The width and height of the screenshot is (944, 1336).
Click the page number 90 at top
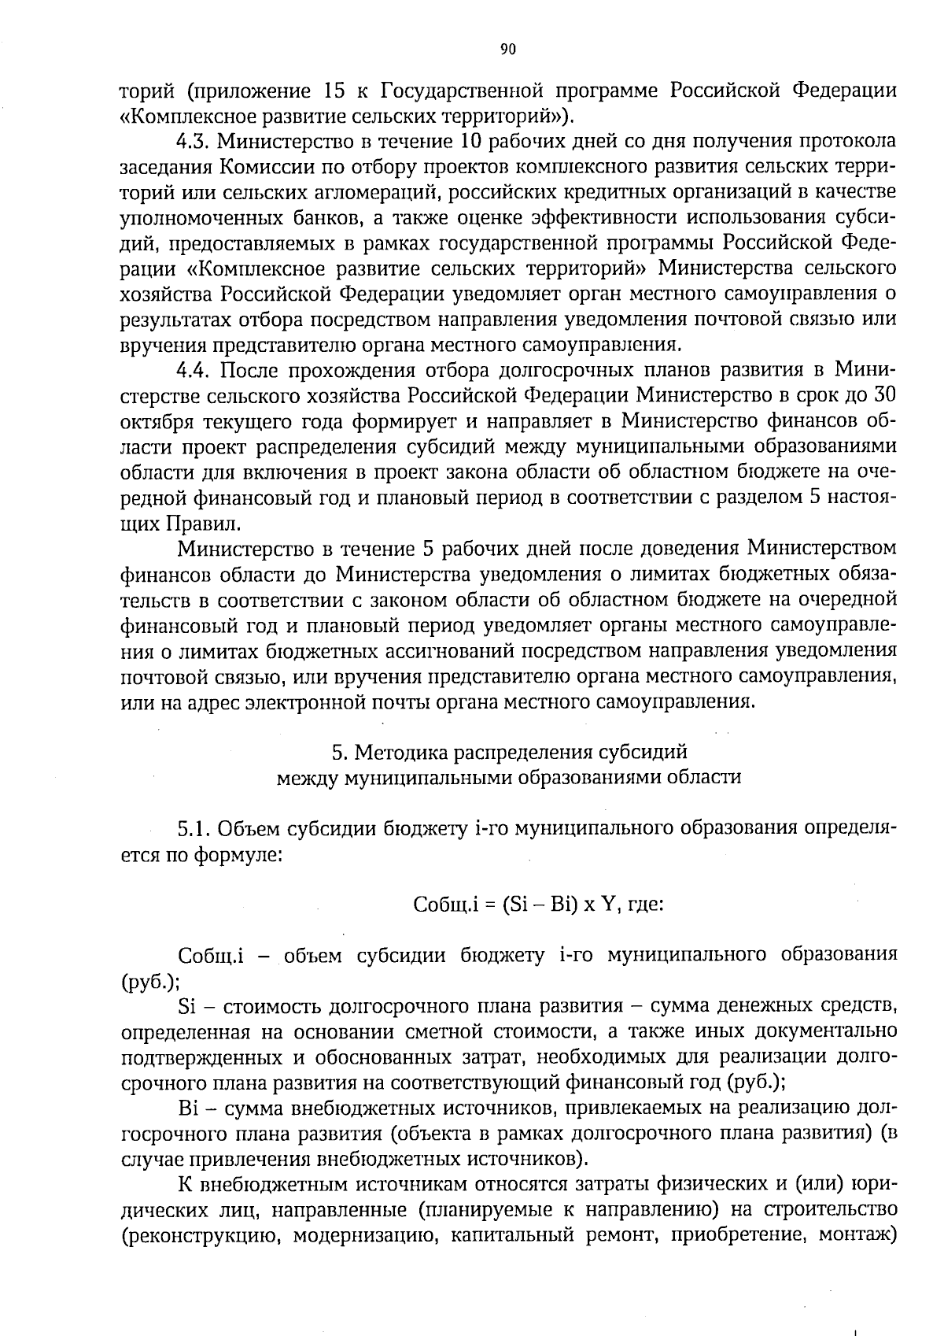tap(507, 50)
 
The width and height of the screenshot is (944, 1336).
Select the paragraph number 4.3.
tap(192, 142)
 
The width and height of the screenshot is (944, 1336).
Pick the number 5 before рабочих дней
tap(463, 548)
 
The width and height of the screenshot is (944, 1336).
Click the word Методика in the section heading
tap(397, 753)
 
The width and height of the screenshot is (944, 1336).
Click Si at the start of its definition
tap(186, 1007)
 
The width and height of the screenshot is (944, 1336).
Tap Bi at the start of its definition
tap(187, 1108)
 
